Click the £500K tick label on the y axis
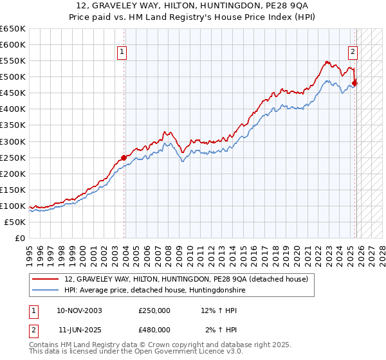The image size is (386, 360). tap(13, 77)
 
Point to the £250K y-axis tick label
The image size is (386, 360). tap(13, 157)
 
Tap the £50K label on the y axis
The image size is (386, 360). tap(15, 222)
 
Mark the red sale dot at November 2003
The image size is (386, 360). tap(124, 157)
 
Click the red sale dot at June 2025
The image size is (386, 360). tap(354, 83)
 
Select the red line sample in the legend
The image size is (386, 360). tap(46, 279)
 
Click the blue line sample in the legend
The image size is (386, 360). tap(46, 290)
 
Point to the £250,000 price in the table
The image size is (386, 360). tap(154, 310)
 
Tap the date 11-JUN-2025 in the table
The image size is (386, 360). tap(79, 329)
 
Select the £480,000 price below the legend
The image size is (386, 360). tap(154, 329)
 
